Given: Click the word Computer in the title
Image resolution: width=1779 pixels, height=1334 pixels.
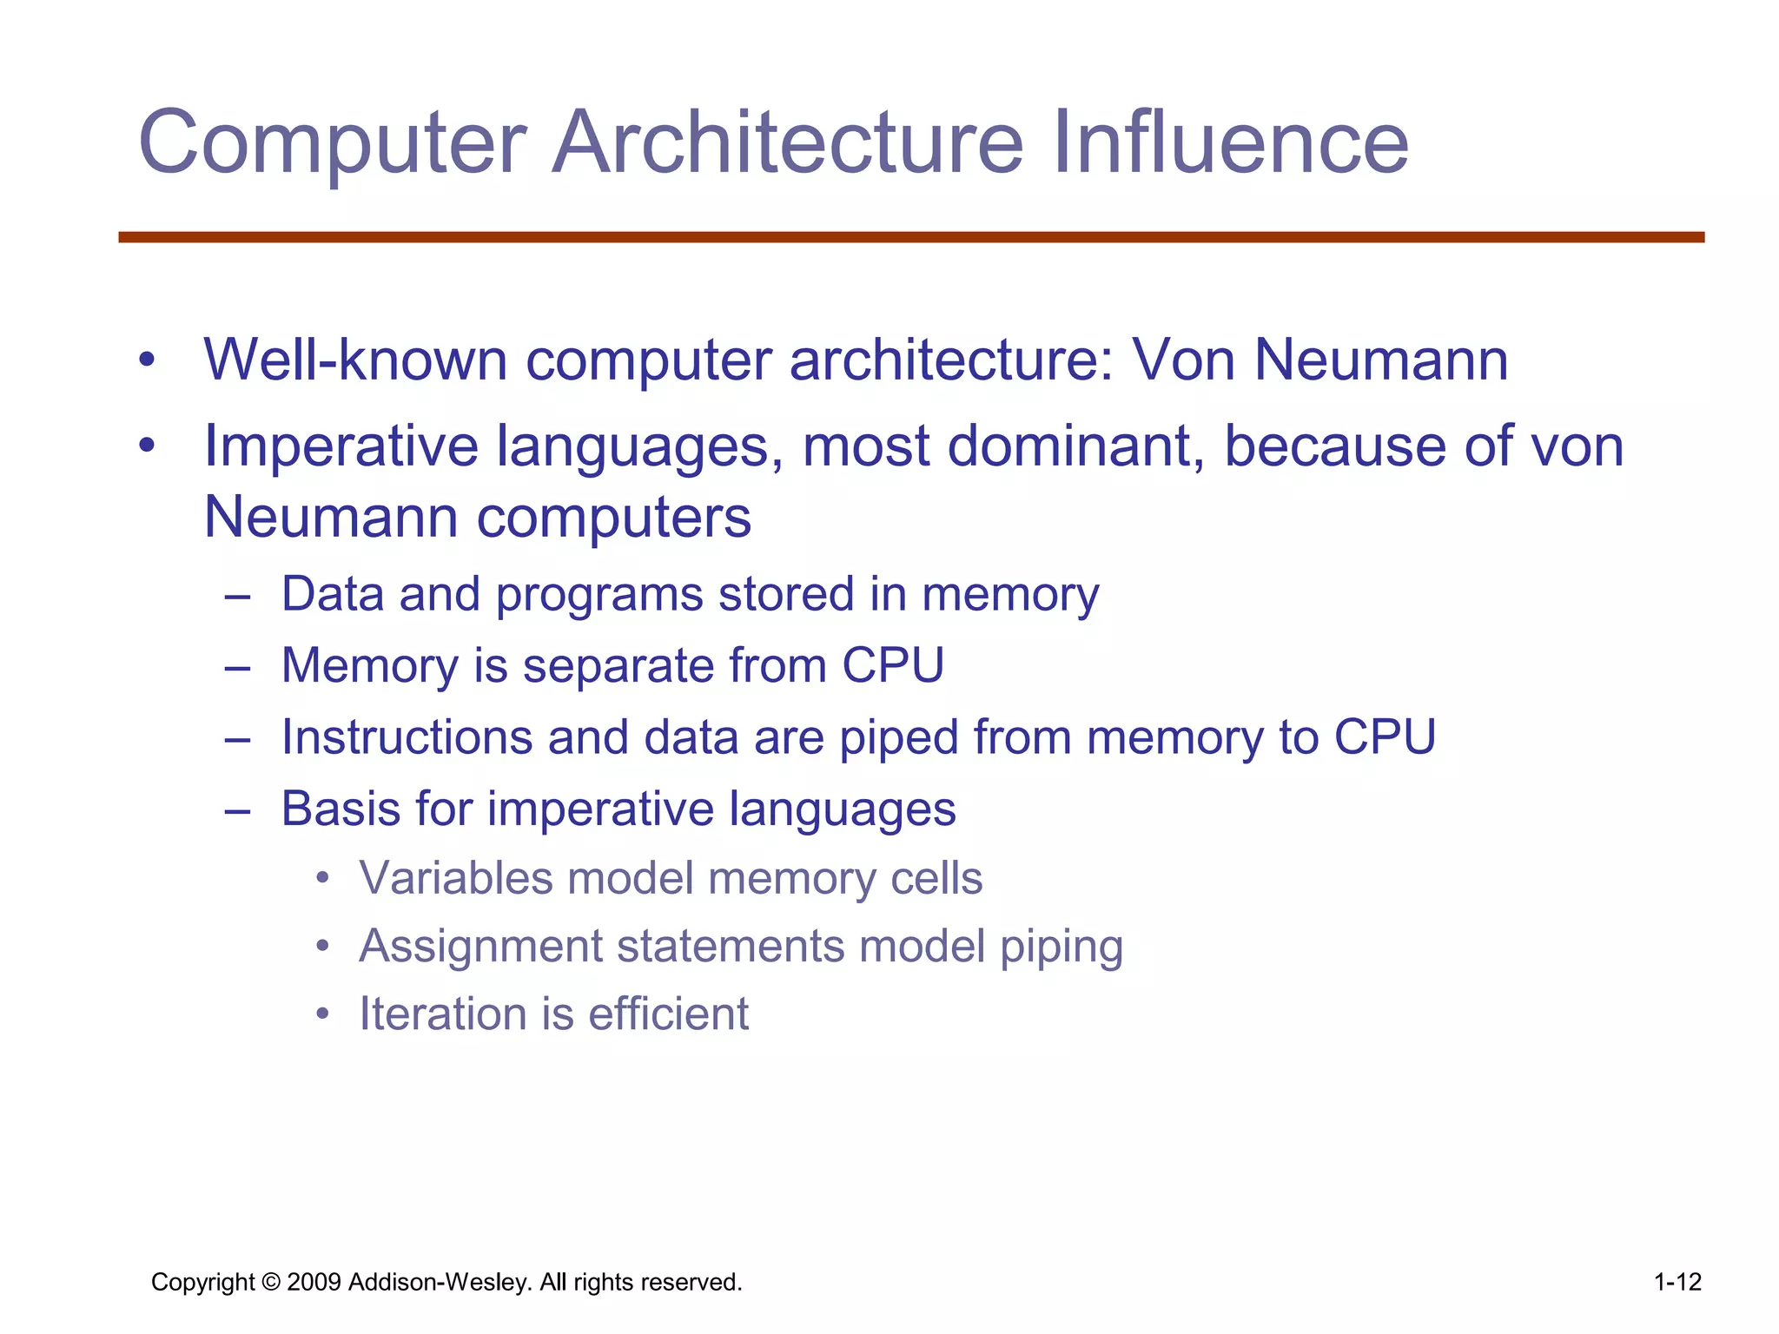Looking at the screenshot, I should pos(333,143).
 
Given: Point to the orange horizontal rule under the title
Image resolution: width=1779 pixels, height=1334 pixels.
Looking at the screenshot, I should pos(911,237).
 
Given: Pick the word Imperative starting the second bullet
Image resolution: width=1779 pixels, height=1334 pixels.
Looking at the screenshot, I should pos(341,447).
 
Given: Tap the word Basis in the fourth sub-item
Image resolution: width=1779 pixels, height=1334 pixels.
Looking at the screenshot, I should pos(341,809).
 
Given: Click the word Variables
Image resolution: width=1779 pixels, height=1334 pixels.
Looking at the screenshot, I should pos(455,878).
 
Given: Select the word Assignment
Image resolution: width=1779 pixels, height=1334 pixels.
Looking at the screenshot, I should pos(480,947).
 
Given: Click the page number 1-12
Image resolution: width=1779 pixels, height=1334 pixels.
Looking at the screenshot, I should pos(1677,1282).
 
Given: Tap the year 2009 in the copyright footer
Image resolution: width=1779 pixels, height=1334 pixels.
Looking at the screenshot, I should pos(314,1282).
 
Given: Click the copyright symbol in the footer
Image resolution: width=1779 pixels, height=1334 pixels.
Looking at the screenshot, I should pos(271,1282).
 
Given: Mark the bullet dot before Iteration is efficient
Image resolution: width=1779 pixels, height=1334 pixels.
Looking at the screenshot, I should pos(323,1014).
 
